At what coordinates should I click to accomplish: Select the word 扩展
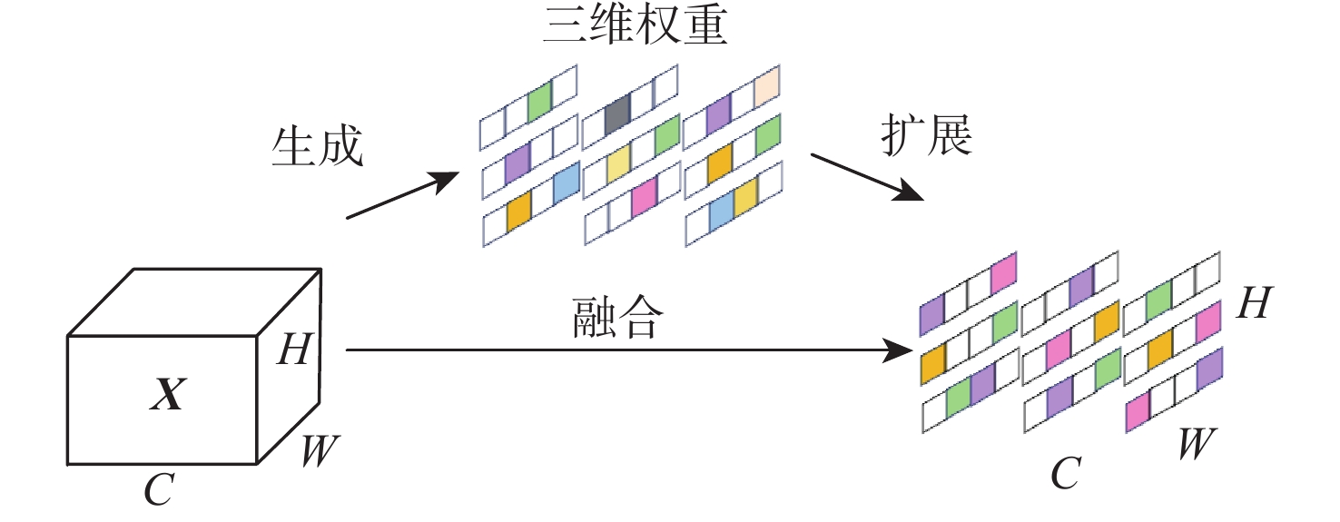point(926,136)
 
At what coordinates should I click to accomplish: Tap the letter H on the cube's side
point(294,350)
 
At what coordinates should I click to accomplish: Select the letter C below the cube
point(159,490)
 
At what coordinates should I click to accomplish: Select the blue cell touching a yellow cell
point(721,215)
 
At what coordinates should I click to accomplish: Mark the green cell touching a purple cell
point(959,397)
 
